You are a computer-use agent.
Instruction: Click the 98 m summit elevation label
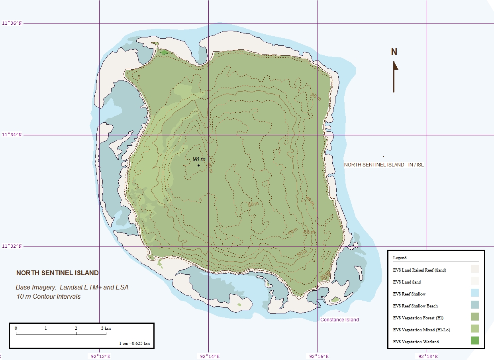(x=199, y=159)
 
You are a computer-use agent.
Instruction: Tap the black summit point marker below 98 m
(x=198, y=165)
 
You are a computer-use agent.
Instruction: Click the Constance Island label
(x=339, y=320)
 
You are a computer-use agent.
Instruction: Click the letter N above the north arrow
(x=394, y=52)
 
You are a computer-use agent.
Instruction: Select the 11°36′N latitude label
(x=12, y=23)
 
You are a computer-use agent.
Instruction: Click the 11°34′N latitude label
(x=12, y=135)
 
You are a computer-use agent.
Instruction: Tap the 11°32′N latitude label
(x=12, y=247)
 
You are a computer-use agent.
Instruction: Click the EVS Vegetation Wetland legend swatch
(x=474, y=340)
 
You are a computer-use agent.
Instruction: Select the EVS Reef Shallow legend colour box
(x=474, y=293)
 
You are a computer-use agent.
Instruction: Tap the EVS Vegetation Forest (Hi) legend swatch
(x=474, y=317)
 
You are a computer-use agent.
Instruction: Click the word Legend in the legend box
(x=400, y=258)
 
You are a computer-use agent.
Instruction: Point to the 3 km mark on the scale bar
(x=106, y=329)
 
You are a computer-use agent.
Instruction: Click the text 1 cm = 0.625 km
(x=134, y=343)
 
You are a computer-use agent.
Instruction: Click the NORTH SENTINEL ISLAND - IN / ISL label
(x=384, y=164)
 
